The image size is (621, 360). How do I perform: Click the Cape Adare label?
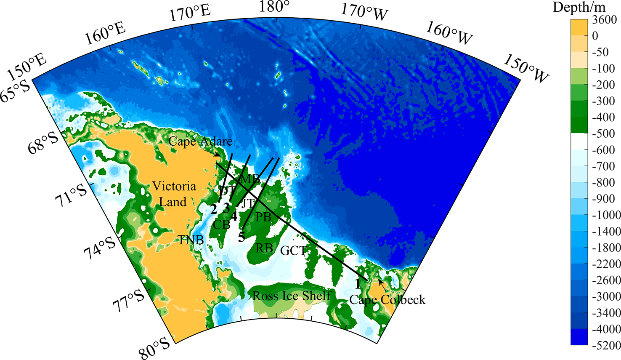tap(200, 141)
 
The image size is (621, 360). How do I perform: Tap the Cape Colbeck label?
tap(387, 300)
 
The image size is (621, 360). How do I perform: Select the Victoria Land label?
tap(174, 194)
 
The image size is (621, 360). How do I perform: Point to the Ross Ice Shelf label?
tap(292, 296)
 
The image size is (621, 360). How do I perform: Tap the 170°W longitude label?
tap(364, 12)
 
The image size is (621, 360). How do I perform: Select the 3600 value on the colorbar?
tap(604, 20)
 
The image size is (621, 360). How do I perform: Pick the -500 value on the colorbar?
tap(604, 134)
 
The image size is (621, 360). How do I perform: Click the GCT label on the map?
tap(293, 251)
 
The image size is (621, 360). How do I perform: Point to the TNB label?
tap(191, 240)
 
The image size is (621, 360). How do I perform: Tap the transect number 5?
tap(241, 237)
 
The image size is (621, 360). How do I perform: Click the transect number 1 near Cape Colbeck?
tap(358, 284)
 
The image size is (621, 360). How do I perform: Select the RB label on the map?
tap(264, 248)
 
